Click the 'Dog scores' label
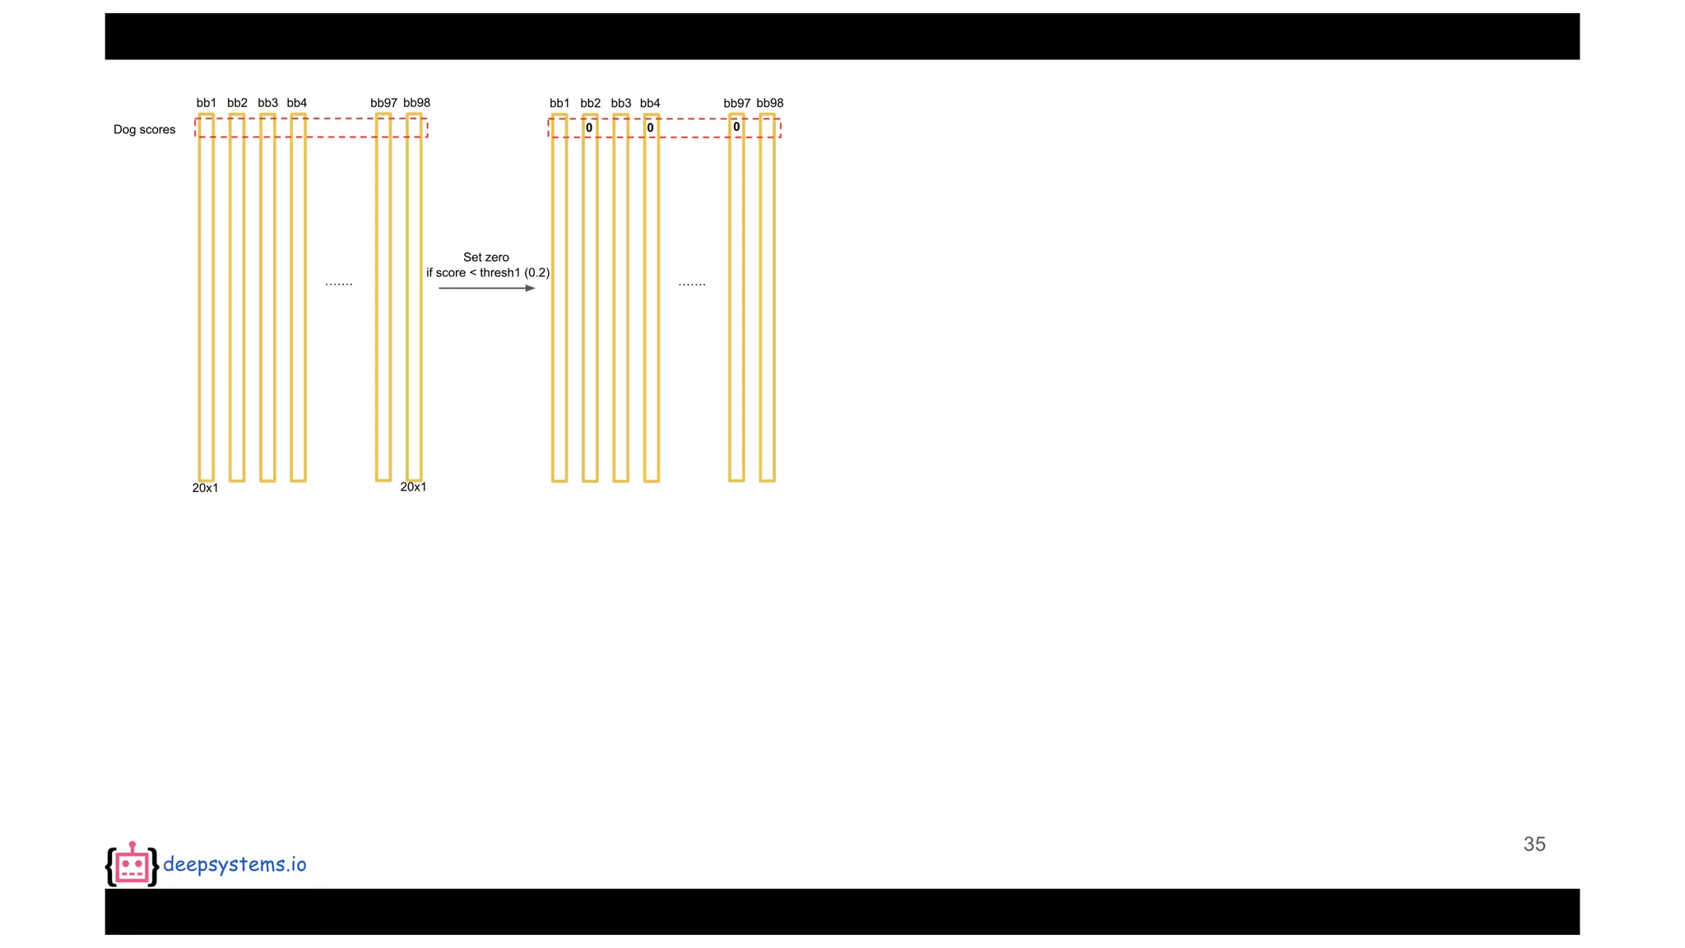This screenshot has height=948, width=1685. [x=144, y=129]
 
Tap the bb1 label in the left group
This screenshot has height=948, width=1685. [x=207, y=103]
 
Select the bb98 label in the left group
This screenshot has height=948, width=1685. [x=416, y=103]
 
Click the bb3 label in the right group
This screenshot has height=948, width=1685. [x=621, y=103]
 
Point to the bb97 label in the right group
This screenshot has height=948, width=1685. [x=736, y=103]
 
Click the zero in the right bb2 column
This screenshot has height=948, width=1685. [x=589, y=128]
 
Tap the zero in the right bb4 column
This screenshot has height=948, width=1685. [x=650, y=128]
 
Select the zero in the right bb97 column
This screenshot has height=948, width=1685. [x=736, y=127]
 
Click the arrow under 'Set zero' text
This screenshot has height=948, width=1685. [x=486, y=288]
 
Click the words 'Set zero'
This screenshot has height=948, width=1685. [x=486, y=257]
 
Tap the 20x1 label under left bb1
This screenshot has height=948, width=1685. [x=205, y=488]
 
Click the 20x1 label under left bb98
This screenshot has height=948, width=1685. [x=413, y=487]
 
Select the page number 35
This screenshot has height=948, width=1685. [x=1534, y=844]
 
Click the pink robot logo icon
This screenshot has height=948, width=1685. [x=132, y=865]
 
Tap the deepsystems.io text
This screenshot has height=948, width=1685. [x=234, y=864]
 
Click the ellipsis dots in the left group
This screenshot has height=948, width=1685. [x=339, y=284]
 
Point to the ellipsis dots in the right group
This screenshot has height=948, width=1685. [x=692, y=284]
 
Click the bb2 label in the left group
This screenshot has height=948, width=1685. [x=237, y=103]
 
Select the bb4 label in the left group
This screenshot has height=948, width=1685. [x=297, y=103]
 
